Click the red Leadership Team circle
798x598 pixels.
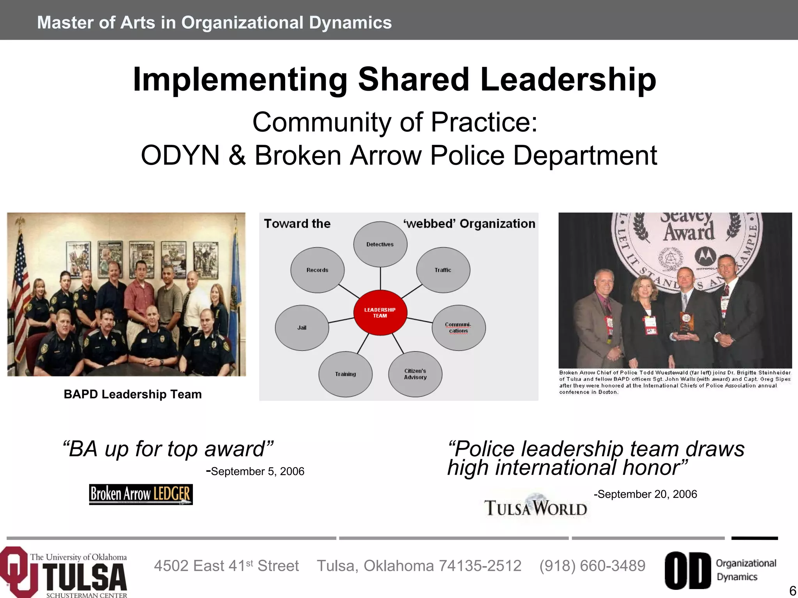[x=380, y=313]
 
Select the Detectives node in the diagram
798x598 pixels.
[x=380, y=244]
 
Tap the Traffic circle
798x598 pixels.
[x=443, y=270]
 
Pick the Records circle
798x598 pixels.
[x=317, y=270]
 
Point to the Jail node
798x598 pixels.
[x=302, y=328]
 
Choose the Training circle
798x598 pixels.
[x=345, y=374]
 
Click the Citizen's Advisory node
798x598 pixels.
[x=415, y=374]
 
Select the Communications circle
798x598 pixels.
[x=458, y=328]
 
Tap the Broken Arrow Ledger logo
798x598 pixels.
[x=141, y=494]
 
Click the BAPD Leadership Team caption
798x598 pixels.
[x=132, y=394]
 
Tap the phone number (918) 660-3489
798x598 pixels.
[x=592, y=566]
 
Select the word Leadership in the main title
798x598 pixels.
[x=568, y=79]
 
